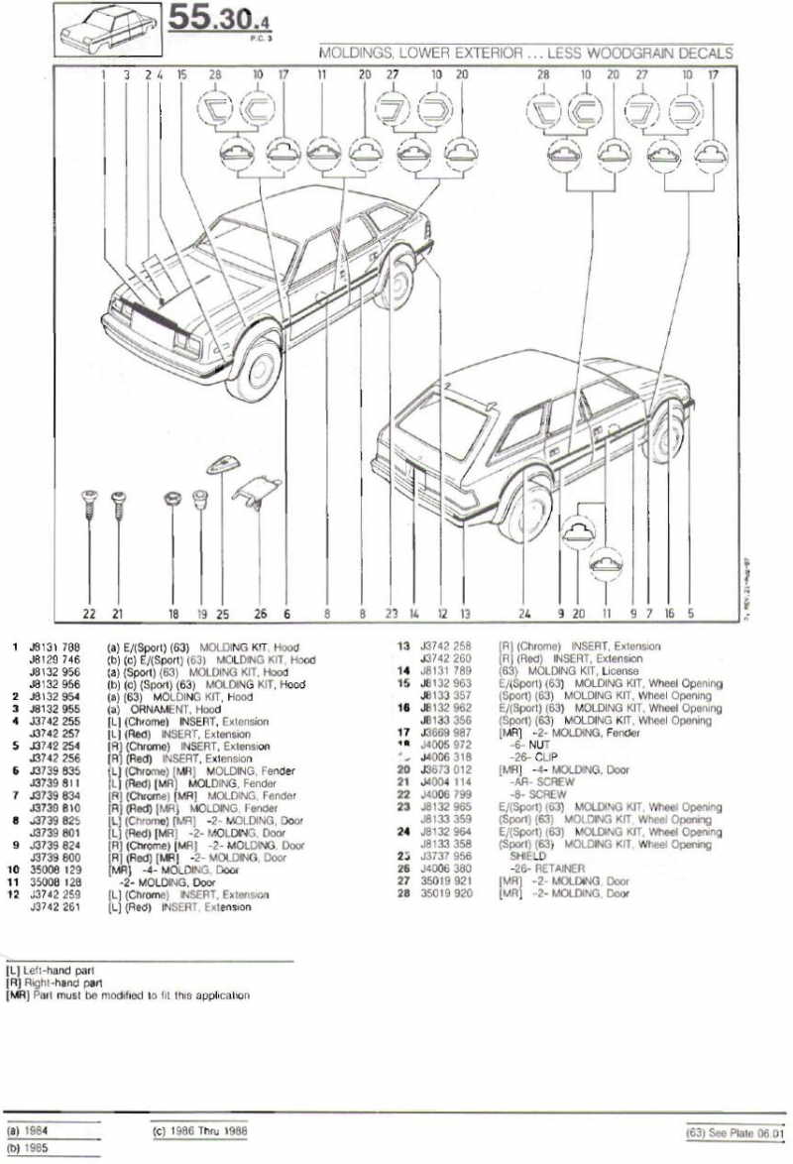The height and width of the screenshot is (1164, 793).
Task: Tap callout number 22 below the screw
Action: click(x=89, y=614)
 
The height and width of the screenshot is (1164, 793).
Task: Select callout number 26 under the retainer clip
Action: click(x=261, y=614)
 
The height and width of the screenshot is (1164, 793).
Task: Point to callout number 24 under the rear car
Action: click(x=524, y=614)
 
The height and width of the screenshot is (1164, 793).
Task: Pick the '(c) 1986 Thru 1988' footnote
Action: click(x=198, y=1129)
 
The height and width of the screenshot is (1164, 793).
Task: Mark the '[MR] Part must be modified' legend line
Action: click(x=128, y=994)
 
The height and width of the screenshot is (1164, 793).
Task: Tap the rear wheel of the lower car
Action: click(x=524, y=508)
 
